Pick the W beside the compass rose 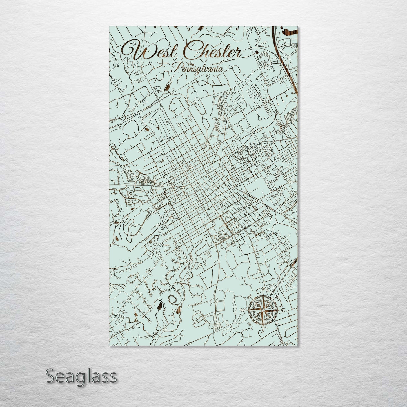pos(242,310)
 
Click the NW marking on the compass pos(249,297)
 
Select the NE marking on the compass pos(277,297)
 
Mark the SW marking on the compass pos(249,324)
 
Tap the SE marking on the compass pos(277,324)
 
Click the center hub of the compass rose pos(263,310)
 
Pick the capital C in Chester pos(191,51)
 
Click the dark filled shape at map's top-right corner pos(290,30)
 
